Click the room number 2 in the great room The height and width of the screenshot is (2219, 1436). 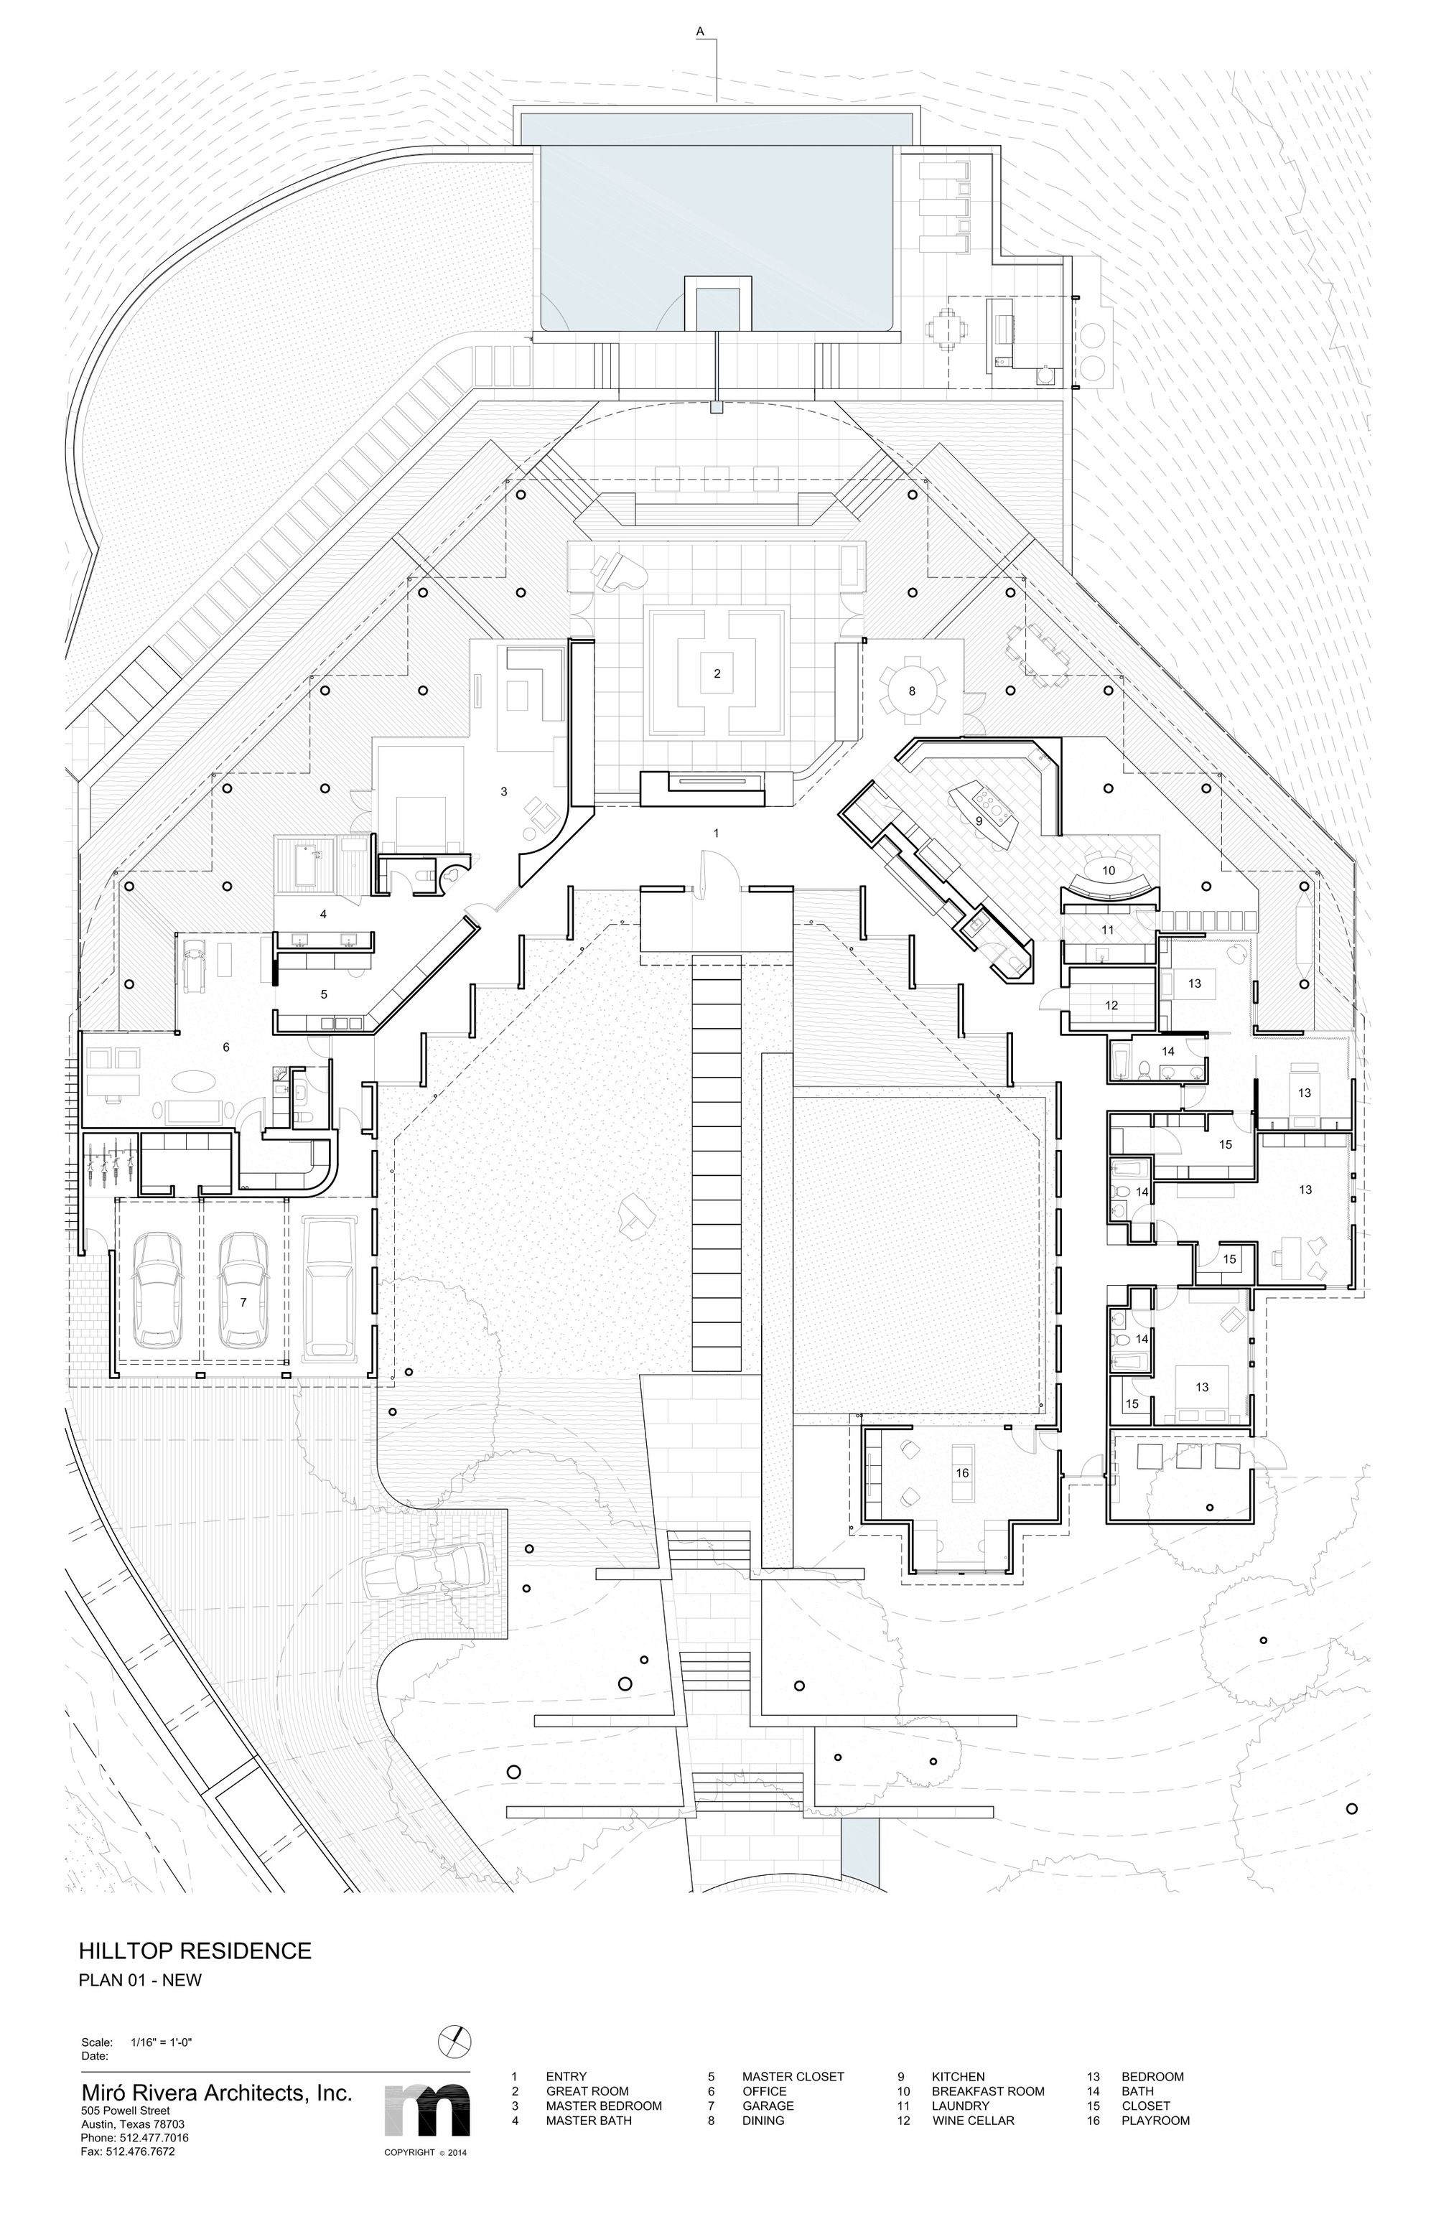tap(717, 673)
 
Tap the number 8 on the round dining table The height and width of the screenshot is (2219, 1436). tap(912, 691)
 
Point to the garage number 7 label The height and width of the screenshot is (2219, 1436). tap(243, 1302)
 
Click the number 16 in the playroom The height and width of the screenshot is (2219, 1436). tap(962, 1472)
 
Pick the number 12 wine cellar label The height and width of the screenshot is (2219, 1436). tap(1111, 1005)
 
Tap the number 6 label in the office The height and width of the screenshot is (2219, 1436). tap(225, 1047)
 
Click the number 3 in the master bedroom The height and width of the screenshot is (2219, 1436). tap(503, 792)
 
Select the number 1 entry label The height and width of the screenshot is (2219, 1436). tap(716, 833)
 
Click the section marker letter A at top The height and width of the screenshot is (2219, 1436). tap(699, 32)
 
